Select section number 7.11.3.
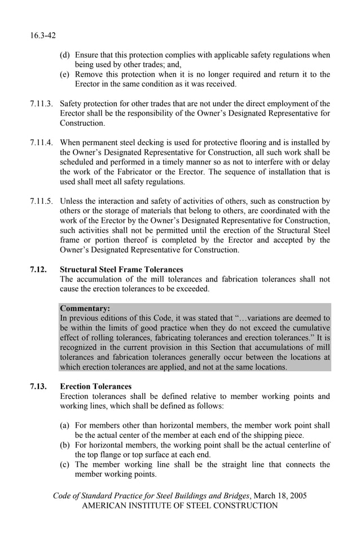click(x=42, y=103)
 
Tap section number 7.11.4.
click(x=42, y=143)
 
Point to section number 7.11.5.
click(x=42, y=201)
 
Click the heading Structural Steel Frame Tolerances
click(x=121, y=270)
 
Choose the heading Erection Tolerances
click(x=95, y=387)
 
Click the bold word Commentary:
click(x=85, y=309)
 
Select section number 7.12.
click(x=38, y=270)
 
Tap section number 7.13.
click(x=38, y=387)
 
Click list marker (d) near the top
click(x=65, y=55)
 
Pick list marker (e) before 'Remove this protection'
click(x=65, y=74)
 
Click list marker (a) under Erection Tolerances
click(x=65, y=425)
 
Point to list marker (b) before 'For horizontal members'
click(x=65, y=445)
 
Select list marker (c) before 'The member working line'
click(x=65, y=464)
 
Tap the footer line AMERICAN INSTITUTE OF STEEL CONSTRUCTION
click(x=180, y=506)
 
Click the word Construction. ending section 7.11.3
click(x=82, y=123)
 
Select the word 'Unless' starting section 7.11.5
click(x=72, y=201)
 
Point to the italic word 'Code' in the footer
click(x=63, y=495)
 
